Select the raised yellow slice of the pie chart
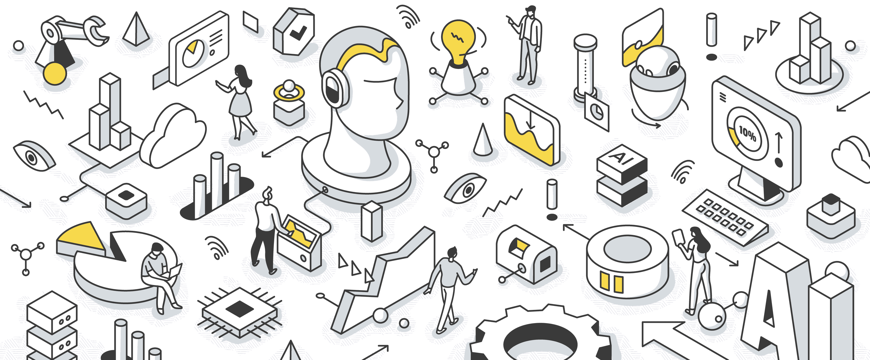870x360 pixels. tap(81, 238)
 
